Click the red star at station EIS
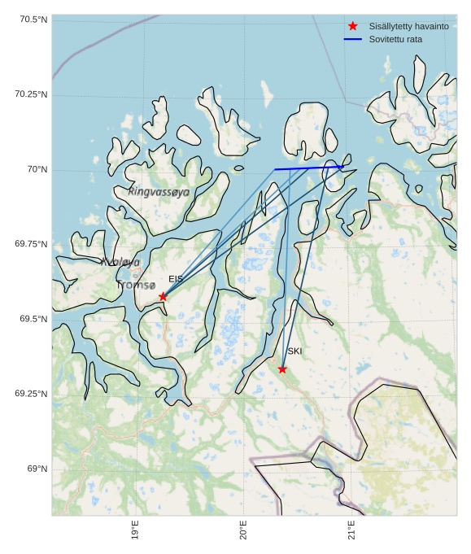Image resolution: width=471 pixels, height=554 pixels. (163, 297)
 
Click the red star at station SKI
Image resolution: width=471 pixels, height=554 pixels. (282, 369)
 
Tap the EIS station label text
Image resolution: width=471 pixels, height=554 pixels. (176, 279)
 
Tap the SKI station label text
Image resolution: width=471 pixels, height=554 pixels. (294, 351)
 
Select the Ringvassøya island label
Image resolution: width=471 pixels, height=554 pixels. (159, 192)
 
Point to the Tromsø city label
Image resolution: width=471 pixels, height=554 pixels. (135, 286)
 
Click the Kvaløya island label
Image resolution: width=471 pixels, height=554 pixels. (120, 262)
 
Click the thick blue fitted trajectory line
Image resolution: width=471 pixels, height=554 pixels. (309, 168)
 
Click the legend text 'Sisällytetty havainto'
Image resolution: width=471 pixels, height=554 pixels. (408, 27)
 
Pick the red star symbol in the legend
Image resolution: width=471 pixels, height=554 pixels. (352, 26)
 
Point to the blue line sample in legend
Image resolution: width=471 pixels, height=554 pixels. (352, 39)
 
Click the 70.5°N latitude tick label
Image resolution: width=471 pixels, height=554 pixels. (31, 20)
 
